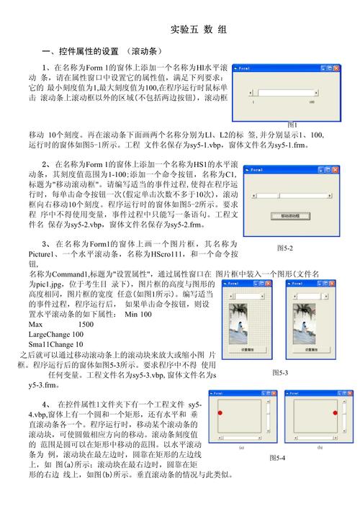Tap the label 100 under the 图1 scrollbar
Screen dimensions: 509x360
(312, 102)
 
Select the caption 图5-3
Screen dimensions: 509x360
(280, 372)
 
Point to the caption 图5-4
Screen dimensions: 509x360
(276, 458)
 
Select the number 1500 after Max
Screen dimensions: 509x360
(86, 325)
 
